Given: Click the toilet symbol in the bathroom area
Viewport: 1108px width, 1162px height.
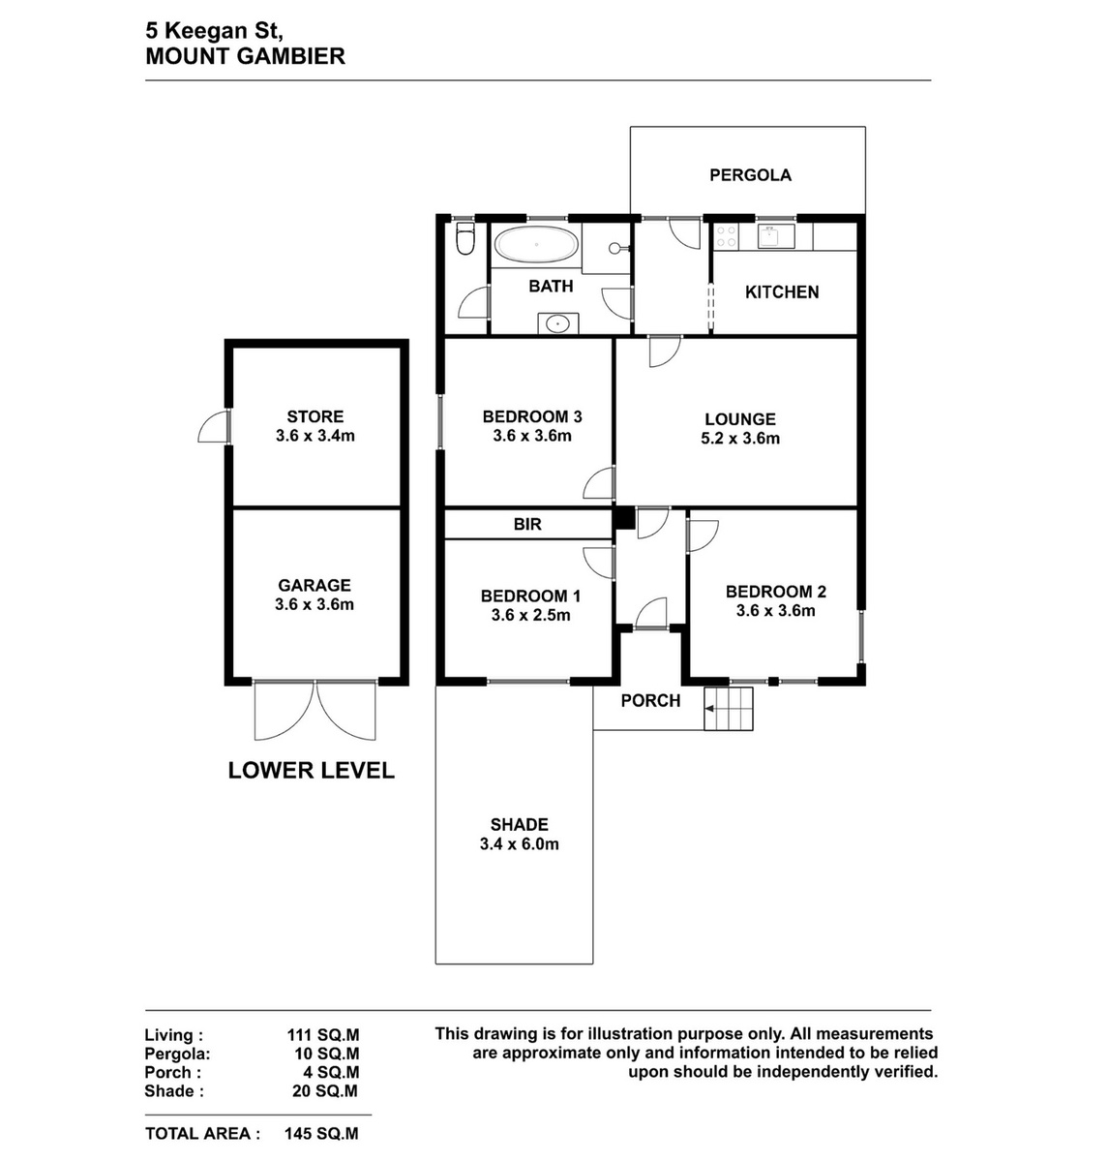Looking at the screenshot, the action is tap(466, 239).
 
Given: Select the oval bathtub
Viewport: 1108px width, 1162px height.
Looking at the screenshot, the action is tap(536, 244).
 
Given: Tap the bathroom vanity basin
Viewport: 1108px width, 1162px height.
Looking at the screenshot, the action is tap(557, 323).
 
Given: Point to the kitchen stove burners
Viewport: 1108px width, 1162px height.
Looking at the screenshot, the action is tap(725, 236).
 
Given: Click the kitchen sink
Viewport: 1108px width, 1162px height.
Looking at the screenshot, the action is tap(775, 236).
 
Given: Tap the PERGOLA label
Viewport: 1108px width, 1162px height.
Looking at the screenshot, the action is tap(750, 175).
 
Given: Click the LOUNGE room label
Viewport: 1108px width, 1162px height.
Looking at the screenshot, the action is tap(740, 419).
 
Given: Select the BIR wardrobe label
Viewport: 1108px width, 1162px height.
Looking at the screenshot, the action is tap(527, 524).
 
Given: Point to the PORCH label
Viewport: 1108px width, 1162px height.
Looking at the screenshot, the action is tap(650, 701).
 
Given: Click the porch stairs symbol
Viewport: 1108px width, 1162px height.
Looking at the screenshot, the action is tap(729, 709).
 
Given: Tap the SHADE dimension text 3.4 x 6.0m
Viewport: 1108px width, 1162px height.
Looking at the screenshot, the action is tap(519, 844).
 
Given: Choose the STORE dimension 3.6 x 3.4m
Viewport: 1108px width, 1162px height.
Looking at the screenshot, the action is tap(314, 436).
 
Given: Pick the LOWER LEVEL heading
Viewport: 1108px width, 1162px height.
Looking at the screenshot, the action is tap(312, 770).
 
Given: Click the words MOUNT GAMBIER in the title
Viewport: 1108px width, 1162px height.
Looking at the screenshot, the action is tap(245, 57).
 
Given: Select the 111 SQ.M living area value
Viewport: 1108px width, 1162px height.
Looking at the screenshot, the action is tap(323, 1035).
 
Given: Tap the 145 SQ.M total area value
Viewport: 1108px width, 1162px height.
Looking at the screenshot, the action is tap(321, 1134).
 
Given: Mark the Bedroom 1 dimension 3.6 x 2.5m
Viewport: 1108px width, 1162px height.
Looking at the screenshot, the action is tap(530, 615).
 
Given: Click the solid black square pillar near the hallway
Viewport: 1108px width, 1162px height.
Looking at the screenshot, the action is tap(622, 518).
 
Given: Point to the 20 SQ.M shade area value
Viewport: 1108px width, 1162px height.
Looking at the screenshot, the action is tap(325, 1091).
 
